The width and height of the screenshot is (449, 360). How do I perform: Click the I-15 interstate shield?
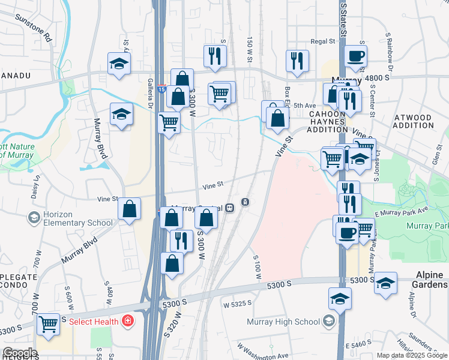pyautogui.click(x=162, y=89)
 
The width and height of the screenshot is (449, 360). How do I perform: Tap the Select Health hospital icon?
pyautogui.click(x=127, y=322)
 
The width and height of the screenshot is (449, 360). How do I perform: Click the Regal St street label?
pyautogui.click(x=322, y=41)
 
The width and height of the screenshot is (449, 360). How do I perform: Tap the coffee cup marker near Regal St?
pyautogui.click(x=355, y=57)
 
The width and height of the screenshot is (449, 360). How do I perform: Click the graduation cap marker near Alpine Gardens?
pyautogui.click(x=385, y=283)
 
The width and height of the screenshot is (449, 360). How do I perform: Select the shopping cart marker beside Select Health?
pyautogui.click(x=48, y=324)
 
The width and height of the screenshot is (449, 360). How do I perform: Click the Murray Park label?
pyautogui.click(x=427, y=226)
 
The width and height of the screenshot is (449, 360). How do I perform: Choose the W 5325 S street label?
pyautogui.click(x=238, y=304)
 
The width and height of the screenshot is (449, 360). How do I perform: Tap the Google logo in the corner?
pyautogui.click(x=20, y=353)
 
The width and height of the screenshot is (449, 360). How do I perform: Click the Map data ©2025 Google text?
pyautogui.click(x=412, y=355)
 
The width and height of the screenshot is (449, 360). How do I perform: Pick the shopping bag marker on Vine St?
pyautogui.click(x=129, y=209)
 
